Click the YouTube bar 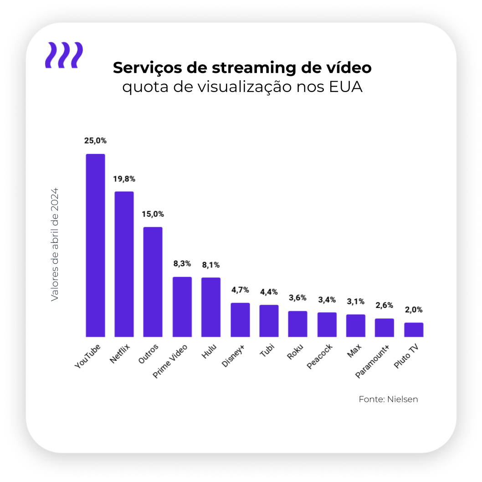pos(96,246)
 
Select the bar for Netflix pos(124,264)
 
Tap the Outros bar pos(153,282)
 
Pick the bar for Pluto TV pos(414,330)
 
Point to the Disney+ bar pos(240,320)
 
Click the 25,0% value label pos(95,140)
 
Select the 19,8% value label pos(124,179)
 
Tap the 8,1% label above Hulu pos(211,265)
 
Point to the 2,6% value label pos(385,305)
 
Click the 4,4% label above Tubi pos(269,292)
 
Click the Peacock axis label pos(320,357)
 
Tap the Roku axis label pos(295,352)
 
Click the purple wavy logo pos(64,55)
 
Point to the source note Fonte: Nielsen pos(388,399)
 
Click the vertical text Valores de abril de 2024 pos(55,244)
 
